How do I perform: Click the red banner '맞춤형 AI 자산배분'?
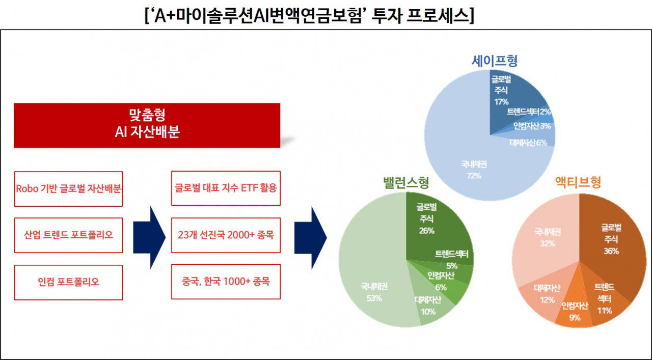147,125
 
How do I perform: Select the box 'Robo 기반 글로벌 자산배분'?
68,188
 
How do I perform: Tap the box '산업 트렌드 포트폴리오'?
68,235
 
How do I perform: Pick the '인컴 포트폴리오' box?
68,282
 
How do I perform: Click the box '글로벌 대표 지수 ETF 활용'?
226,188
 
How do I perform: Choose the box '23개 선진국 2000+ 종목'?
226,235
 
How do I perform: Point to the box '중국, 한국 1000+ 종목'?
226,282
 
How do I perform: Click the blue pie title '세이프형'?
494,61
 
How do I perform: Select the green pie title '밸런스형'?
405,182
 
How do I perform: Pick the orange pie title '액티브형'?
578,182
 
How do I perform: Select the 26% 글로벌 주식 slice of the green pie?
433,224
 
